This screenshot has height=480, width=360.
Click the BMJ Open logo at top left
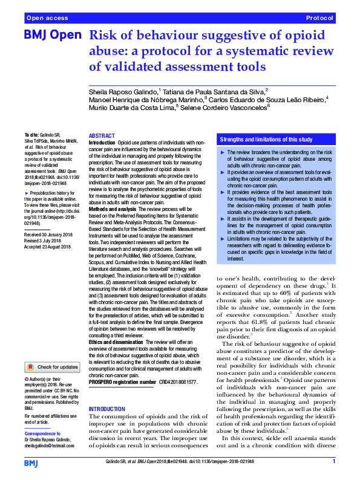pos(51,36)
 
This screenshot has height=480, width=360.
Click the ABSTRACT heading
pos(101,137)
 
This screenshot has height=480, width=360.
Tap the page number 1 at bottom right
pos(334,461)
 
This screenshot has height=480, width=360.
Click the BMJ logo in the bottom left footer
pos(31,462)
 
